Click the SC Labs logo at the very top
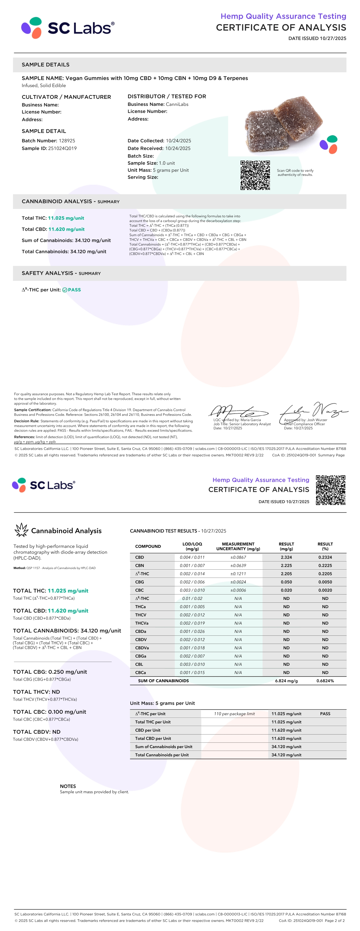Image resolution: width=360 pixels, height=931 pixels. click(x=67, y=28)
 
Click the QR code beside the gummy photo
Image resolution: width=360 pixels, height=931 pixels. click(x=255, y=175)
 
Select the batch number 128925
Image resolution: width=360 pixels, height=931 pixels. click(x=67, y=141)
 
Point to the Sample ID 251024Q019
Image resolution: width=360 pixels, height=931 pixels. click(x=62, y=148)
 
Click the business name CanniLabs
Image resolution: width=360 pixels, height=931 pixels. click(x=177, y=104)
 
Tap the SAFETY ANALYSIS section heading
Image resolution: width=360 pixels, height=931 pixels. click(x=61, y=273)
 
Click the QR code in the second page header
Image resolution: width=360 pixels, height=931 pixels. click(x=330, y=490)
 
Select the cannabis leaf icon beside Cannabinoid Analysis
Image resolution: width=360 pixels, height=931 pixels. click(x=21, y=530)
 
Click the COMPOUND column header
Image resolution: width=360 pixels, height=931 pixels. click(x=148, y=546)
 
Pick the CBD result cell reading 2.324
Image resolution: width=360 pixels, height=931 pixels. click(x=286, y=557)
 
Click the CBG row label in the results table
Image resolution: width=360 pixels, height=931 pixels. click(x=139, y=582)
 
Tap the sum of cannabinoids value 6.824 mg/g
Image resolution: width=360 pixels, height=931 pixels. click(x=286, y=681)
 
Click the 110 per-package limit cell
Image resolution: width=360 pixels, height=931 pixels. click(x=234, y=714)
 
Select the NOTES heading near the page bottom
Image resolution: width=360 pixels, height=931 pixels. click(x=68, y=786)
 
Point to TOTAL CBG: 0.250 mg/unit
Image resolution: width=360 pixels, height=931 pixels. click(x=50, y=672)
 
